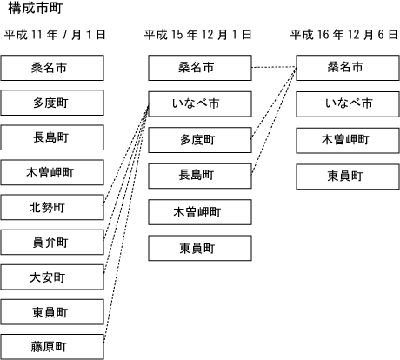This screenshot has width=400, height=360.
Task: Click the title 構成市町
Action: pyautogui.click(x=36, y=8)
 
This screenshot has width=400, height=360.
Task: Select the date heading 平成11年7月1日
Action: pyautogui.click(x=55, y=35)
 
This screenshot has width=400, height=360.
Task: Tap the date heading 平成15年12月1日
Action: pyautogui.click(x=198, y=35)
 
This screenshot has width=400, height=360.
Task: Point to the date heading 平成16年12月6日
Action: pyautogui.click(x=344, y=35)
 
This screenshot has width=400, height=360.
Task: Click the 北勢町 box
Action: pyautogui.click(x=52, y=207)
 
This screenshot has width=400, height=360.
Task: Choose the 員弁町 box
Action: pyautogui.click(x=52, y=243)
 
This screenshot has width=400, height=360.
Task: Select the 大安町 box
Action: pyautogui.click(x=52, y=277)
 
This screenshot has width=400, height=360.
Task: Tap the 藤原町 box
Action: pyautogui.click(x=52, y=347)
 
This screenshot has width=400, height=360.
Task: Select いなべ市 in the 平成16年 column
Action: pyautogui.click(x=348, y=104)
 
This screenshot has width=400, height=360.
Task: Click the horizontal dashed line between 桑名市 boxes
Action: pyautogui.click(x=274, y=68)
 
